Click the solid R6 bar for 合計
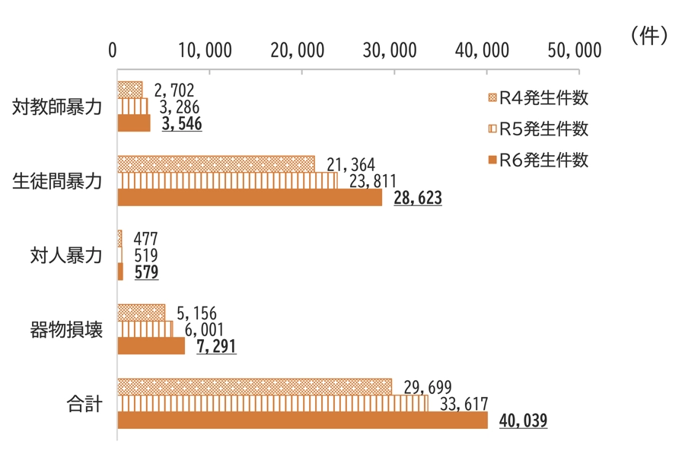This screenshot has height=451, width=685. tap(302, 421)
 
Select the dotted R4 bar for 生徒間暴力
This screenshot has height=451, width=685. tap(215, 164)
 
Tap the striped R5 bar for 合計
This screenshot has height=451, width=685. tap(272, 403)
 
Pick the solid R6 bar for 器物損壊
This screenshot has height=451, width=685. tap(151, 346)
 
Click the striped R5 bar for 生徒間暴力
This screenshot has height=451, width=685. tap(227, 181)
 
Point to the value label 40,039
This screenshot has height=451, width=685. tap(524, 421)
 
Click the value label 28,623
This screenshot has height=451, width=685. tap(418, 198)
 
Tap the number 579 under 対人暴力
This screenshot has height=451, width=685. tap(146, 272)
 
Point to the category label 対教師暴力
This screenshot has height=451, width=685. tap(57, 107)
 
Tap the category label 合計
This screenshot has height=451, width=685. tap(84, 404)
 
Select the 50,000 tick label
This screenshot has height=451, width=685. tap(575, 51)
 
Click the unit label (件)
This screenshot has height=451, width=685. tap(649, 36)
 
